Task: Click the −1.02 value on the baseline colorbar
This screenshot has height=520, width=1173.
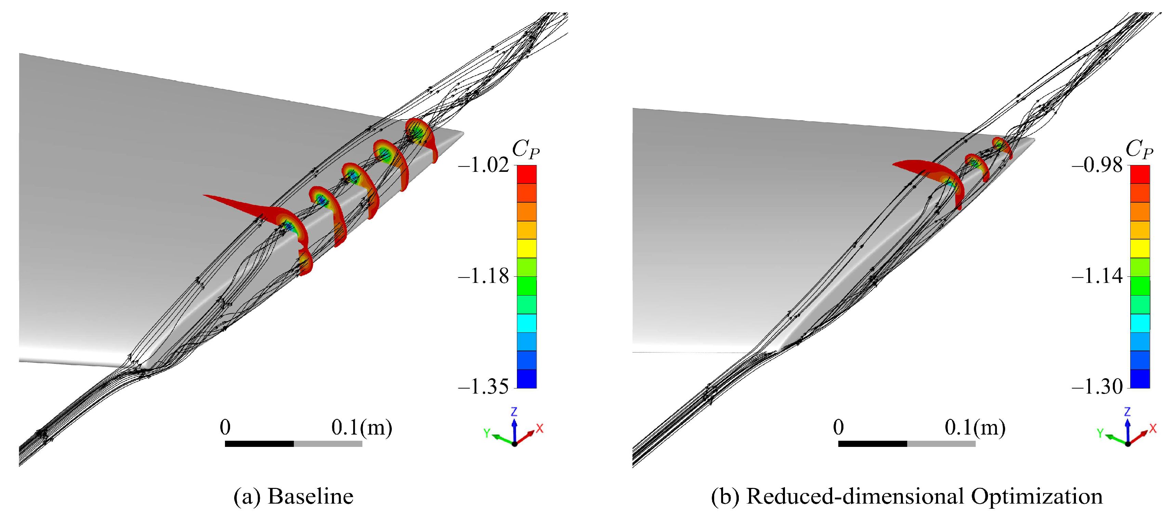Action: point(483,165)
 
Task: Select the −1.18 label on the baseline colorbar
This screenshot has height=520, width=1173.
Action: point(483,276)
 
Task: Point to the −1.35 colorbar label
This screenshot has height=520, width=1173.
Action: point(483,387)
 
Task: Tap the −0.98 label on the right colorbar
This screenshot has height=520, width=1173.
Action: point(1097,165)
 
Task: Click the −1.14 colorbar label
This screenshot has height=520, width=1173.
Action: point(1097,276)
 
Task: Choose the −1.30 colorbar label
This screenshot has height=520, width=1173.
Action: point(1097,387)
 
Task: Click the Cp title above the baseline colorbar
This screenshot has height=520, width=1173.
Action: point(525,149)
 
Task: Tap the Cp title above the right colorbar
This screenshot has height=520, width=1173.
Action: point(1139,149)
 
